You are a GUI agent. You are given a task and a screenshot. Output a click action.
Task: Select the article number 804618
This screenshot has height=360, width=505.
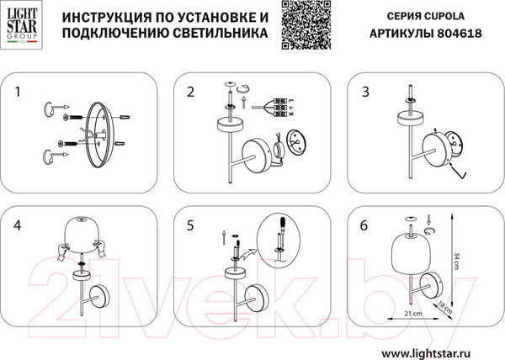462,34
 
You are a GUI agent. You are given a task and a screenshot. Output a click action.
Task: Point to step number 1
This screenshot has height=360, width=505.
19,90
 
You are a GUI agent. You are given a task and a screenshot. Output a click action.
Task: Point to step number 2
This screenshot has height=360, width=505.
190,90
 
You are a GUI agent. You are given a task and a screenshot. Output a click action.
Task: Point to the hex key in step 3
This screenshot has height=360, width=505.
460,172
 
